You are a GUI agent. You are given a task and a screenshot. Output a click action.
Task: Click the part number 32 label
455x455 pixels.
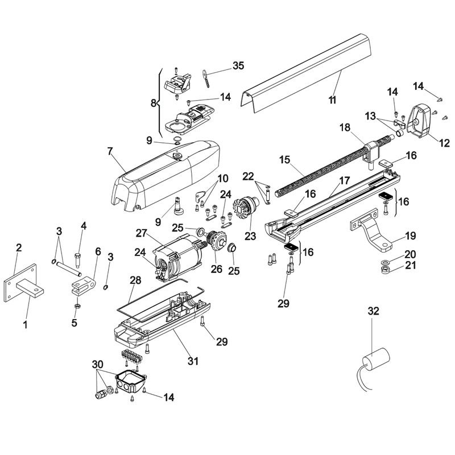(x=373, y=311)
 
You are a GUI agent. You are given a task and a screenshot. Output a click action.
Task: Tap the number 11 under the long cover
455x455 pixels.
(x=332, y=100)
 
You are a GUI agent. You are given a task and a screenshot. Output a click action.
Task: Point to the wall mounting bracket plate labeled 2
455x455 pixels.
(x=20, y=283)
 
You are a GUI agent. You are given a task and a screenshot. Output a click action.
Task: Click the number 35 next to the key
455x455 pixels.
(x=238, y=66)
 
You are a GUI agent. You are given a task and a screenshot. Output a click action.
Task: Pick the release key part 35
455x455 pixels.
(x=206, y=77)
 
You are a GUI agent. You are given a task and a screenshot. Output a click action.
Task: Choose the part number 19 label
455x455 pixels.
(x=410, y=236)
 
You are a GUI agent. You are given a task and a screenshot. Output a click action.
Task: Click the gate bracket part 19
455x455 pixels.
(x=371, y=229)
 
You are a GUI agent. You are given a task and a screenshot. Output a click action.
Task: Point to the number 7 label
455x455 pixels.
(x=109, y=151)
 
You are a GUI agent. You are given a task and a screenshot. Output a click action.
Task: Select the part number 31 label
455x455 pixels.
(x=193, y=361)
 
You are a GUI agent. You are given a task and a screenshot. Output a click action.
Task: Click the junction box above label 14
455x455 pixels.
(x=131, y=380)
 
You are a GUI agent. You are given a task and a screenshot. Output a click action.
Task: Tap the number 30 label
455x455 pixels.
(x=98, y=364)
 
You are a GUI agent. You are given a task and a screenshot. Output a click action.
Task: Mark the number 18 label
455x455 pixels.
(x=345, y=127)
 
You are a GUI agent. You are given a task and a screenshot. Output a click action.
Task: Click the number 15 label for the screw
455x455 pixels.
(x=285, y=160)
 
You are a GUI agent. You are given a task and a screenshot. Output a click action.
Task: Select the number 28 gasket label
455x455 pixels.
(x=135, y=280)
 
